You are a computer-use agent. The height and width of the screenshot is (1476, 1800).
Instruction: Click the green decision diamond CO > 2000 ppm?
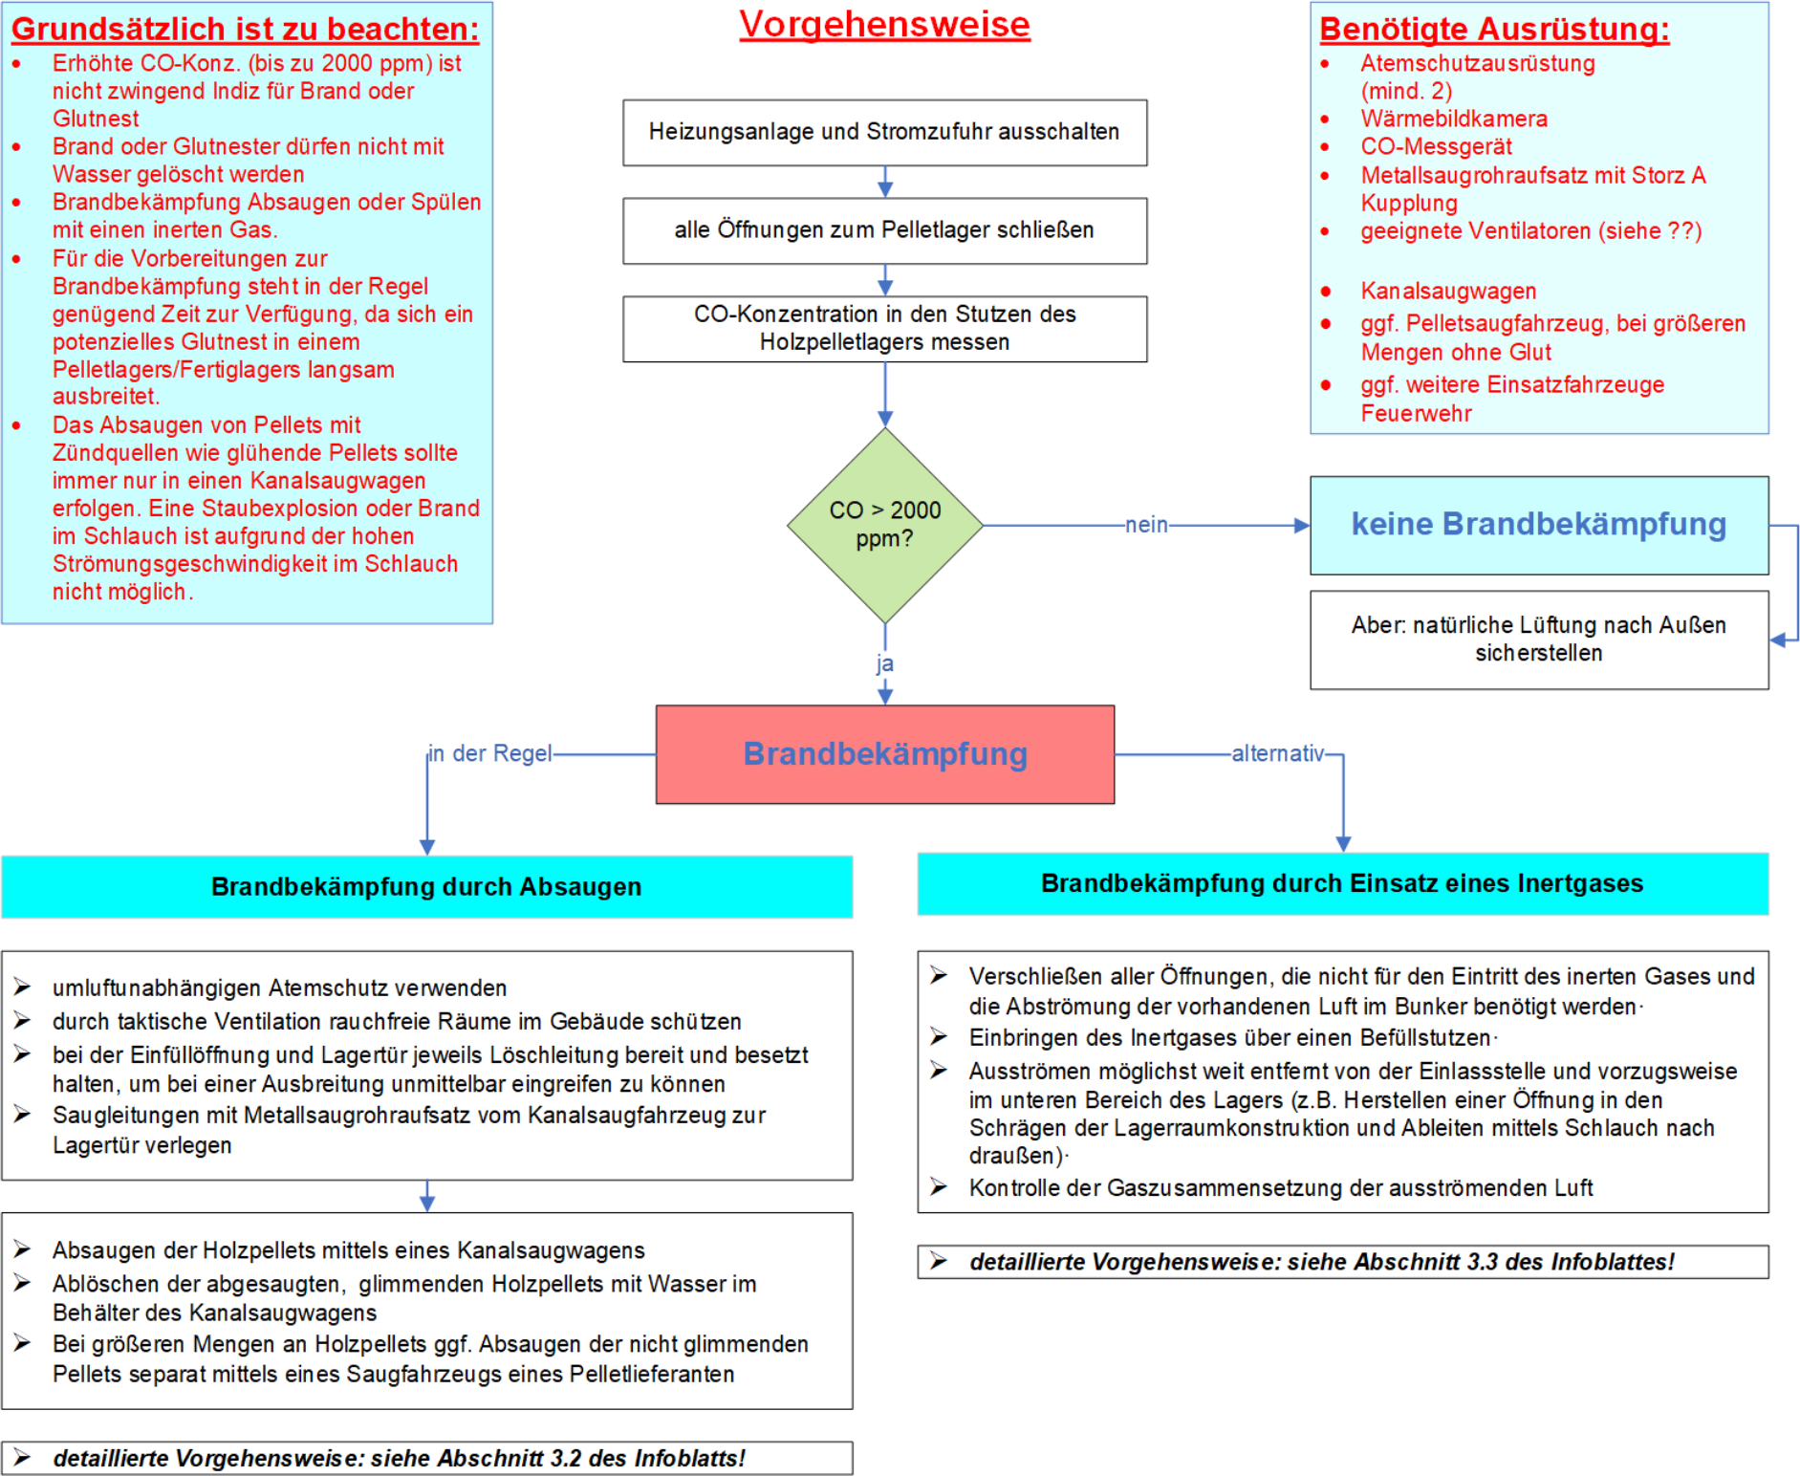[884, 525]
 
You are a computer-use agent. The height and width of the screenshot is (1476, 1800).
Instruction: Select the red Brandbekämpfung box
[884, 754]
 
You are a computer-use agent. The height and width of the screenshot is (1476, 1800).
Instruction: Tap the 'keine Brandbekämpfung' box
[1538, 525]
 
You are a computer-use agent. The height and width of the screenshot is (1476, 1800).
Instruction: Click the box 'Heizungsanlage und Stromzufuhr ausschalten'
[884, 132]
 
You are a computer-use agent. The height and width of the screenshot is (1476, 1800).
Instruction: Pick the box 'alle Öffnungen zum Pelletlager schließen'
[884, 230]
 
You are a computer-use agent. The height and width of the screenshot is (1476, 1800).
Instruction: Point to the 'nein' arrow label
[1146, 525]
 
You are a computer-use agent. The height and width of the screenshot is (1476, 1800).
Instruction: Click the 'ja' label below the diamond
[884, 663]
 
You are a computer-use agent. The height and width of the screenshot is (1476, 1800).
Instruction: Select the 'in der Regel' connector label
[490, 753]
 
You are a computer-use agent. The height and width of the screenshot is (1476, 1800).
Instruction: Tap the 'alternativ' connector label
[1277, 753]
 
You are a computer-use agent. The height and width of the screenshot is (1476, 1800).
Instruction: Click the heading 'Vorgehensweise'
[884, 25]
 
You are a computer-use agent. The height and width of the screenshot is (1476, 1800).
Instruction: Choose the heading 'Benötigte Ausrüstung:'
[1494, 30]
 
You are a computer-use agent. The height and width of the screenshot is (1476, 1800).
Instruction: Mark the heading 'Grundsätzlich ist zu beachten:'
[245, 30]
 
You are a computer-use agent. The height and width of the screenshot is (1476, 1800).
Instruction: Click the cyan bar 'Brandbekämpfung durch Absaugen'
[426, 886]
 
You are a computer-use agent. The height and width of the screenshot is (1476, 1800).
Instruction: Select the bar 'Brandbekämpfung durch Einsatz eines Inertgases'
[1342, 883]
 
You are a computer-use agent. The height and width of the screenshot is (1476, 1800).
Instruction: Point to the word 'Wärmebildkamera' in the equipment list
[1453, 119]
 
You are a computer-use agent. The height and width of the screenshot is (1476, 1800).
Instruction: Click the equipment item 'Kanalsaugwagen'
[1448, 291]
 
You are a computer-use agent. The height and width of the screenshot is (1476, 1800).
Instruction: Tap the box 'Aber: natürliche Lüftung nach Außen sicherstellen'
[1538, 639]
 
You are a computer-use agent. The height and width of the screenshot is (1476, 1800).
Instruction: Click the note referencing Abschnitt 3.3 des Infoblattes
[1342, 1262]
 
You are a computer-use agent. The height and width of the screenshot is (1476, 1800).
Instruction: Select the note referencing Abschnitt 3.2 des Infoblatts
[426, 1458]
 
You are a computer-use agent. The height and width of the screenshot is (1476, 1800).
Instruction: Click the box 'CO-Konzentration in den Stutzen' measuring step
[884, 328]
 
